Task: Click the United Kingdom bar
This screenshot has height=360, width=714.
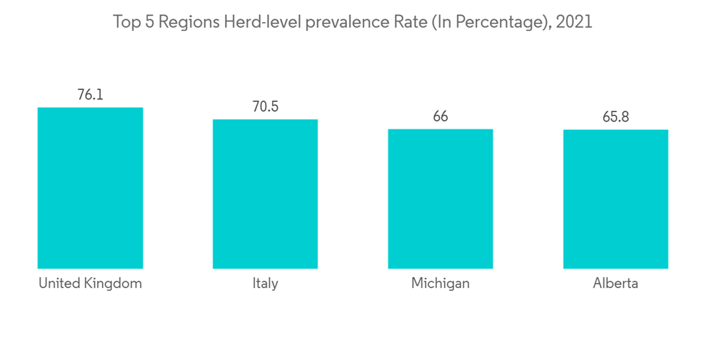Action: click(90, 188)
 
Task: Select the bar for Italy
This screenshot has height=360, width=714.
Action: click(265, 194)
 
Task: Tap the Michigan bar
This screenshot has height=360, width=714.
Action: click(440, 199)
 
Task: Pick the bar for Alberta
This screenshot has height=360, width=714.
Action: click(615, 199)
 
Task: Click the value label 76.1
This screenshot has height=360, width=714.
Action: click(90, 94)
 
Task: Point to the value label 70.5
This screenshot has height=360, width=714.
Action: click(265, 106)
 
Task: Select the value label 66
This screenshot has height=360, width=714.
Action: click(440, 116)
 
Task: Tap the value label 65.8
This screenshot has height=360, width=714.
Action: click(615, 116)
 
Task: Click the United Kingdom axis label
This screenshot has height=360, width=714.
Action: click(90, 284)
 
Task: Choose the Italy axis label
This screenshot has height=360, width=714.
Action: click(265, 284)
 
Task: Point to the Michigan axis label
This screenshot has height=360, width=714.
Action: click(440, 284)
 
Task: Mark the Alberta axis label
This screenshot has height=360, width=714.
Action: click(615, 284)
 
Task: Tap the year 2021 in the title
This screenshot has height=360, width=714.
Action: click(574, 22)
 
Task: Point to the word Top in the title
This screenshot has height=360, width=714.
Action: click(126, 22)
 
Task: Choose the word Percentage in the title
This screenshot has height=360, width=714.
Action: click(501, 23)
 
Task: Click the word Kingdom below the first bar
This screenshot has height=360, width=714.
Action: click(113, 284)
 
